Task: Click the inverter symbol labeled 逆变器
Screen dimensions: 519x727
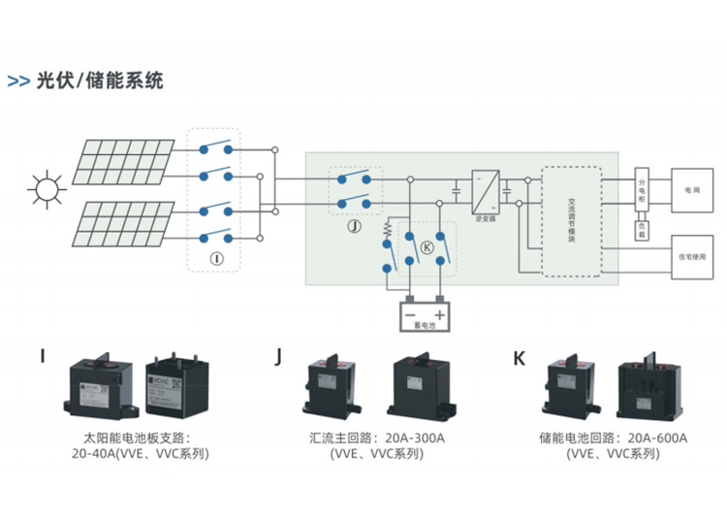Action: (x=485, y=190)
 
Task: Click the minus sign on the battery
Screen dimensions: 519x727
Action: (x=410, y=315)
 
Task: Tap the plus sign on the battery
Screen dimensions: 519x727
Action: (x=440, y=315)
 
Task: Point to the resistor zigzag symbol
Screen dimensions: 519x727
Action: (x=388, y=231)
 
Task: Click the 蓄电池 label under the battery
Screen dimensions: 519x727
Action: (x=426, y=327)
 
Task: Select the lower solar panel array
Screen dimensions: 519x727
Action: (x=121, y=221)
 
